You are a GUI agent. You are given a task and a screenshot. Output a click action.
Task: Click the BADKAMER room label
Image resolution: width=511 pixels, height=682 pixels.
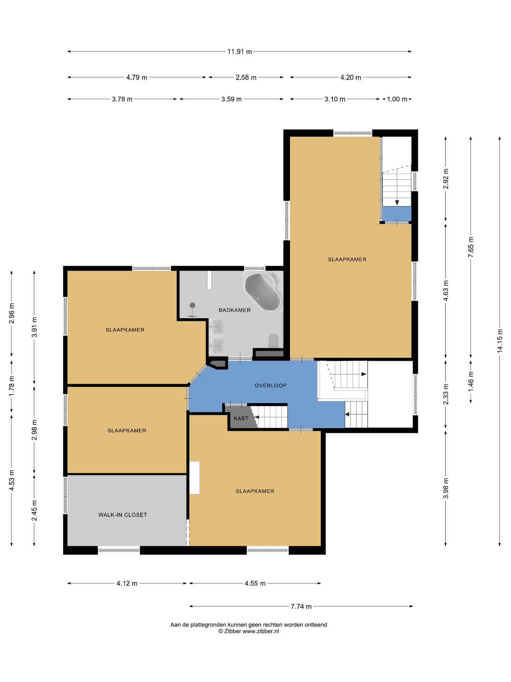(235, 310)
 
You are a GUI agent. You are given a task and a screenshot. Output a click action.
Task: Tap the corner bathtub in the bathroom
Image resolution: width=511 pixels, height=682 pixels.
(263, 292)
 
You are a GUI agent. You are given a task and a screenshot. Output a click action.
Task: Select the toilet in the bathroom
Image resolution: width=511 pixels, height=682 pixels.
(274, 340)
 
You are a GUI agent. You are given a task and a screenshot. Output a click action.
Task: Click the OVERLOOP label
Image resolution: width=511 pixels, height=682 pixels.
(270, 385)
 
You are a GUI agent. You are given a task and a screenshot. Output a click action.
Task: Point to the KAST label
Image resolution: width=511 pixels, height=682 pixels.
(241, 418)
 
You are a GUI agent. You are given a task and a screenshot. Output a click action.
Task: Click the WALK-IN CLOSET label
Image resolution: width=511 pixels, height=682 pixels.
(122, 515)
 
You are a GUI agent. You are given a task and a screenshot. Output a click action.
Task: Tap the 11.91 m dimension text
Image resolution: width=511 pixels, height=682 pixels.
(240, 52)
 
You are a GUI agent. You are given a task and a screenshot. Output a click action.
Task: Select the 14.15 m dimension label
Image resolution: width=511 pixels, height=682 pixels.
(500, 341)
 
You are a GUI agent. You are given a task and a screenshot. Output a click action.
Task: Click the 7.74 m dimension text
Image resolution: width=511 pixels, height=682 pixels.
(301, 606)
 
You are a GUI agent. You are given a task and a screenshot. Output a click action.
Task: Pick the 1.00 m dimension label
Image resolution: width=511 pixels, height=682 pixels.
(397, 99)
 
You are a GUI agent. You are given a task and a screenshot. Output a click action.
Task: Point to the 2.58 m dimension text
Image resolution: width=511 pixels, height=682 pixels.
(246, 77)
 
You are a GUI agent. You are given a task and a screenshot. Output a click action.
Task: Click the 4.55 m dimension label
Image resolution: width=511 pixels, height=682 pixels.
(255, 583)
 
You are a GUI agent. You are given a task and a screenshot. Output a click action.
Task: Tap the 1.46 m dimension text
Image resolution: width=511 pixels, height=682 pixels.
(471, 381)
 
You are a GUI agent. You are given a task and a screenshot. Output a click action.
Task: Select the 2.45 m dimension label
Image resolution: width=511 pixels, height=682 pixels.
(34, 510)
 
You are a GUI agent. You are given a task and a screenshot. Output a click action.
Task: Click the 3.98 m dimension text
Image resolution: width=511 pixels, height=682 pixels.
(446, 488)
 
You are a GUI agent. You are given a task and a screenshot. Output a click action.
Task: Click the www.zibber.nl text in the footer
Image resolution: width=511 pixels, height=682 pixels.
(261, 631)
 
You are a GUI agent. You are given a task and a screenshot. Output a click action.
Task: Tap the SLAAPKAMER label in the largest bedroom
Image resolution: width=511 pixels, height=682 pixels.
(347, 259)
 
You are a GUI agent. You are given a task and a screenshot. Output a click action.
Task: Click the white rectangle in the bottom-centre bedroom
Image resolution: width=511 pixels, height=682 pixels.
(194, 477)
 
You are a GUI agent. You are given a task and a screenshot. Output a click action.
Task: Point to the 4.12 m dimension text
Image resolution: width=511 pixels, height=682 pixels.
(127, 583)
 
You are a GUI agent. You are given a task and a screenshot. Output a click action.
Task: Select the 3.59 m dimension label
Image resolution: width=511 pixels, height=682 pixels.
(231, 99)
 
